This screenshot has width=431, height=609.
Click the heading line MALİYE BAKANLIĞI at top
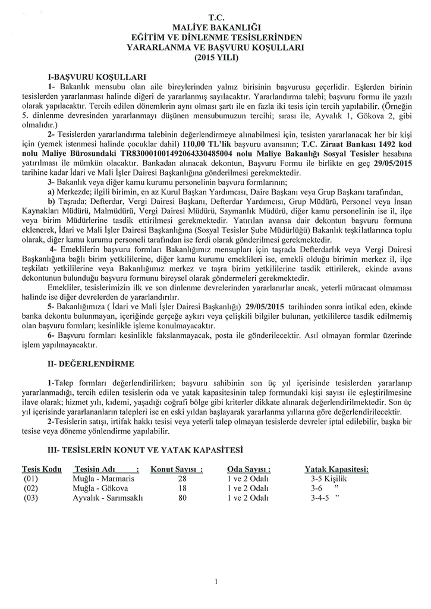click(x=216, y=27)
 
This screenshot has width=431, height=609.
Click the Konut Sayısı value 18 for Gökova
click(x=183, y=488)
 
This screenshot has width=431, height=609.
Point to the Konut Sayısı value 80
click(x=183, y=498)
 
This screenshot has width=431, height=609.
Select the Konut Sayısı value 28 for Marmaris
click(x=183, y=478)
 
